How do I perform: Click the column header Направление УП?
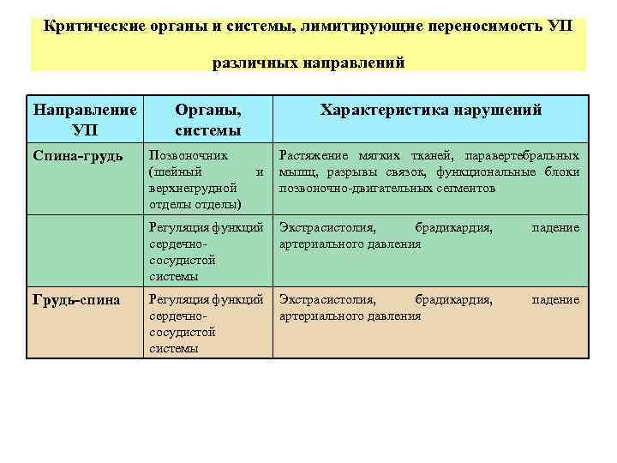click(85, 120)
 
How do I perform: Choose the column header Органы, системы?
click(207, 120)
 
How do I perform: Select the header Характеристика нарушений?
click(430, 111)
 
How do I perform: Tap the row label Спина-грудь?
click(78, 156)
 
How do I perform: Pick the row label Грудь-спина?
click(78, 299)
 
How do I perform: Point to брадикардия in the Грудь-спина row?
click(453, 299)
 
